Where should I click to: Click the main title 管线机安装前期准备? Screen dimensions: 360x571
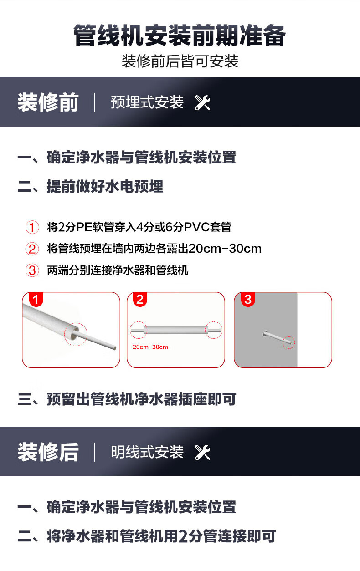180,36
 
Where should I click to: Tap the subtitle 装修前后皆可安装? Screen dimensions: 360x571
180,61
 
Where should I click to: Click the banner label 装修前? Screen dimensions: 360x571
48,102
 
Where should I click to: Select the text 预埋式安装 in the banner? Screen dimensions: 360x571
147,102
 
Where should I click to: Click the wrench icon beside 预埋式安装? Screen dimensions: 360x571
203,103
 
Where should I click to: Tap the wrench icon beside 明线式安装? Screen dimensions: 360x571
203,452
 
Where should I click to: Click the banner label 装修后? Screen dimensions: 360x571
48,452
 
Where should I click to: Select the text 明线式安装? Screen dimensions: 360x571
147,452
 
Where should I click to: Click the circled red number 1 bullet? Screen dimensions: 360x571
32,227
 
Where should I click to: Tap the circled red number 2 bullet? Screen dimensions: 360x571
32,249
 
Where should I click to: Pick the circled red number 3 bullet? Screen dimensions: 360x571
32,270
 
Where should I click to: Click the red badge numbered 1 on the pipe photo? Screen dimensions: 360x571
36,299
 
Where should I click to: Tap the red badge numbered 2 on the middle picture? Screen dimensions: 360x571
140,299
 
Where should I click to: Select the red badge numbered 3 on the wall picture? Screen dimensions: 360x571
248,299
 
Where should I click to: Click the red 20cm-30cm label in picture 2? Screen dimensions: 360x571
150,347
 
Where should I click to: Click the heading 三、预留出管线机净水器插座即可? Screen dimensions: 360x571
127,399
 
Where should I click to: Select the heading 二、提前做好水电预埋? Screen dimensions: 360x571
91,186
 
